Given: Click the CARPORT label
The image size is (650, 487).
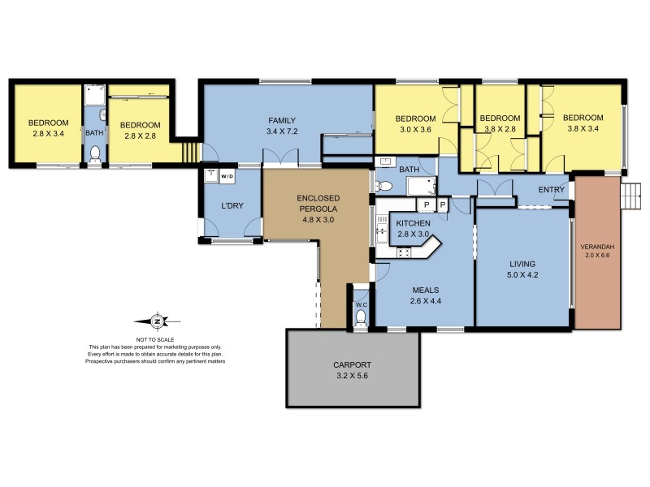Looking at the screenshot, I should [353, 364].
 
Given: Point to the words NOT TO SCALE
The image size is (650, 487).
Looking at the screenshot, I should [156, 339].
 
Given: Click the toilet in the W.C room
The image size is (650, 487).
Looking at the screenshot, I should [362, 320].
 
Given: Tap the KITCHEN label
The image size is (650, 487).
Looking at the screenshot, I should [414, 222].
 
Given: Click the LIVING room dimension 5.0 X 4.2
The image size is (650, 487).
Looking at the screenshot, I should [522, 275].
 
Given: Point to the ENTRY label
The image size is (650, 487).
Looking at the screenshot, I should [552, 190].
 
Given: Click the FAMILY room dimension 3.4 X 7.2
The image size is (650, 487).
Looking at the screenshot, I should [283, 131].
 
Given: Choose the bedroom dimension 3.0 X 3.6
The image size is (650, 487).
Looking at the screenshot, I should [414, 128].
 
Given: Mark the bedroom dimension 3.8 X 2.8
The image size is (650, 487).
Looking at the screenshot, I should [500, 128].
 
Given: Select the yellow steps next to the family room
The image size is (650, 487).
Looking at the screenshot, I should [189, 152].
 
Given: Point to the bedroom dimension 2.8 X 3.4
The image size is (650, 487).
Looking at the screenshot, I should [45, 135].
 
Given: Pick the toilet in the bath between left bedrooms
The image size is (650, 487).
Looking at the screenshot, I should [95, 153].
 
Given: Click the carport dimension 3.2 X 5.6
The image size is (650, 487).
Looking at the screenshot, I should [353, 376].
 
